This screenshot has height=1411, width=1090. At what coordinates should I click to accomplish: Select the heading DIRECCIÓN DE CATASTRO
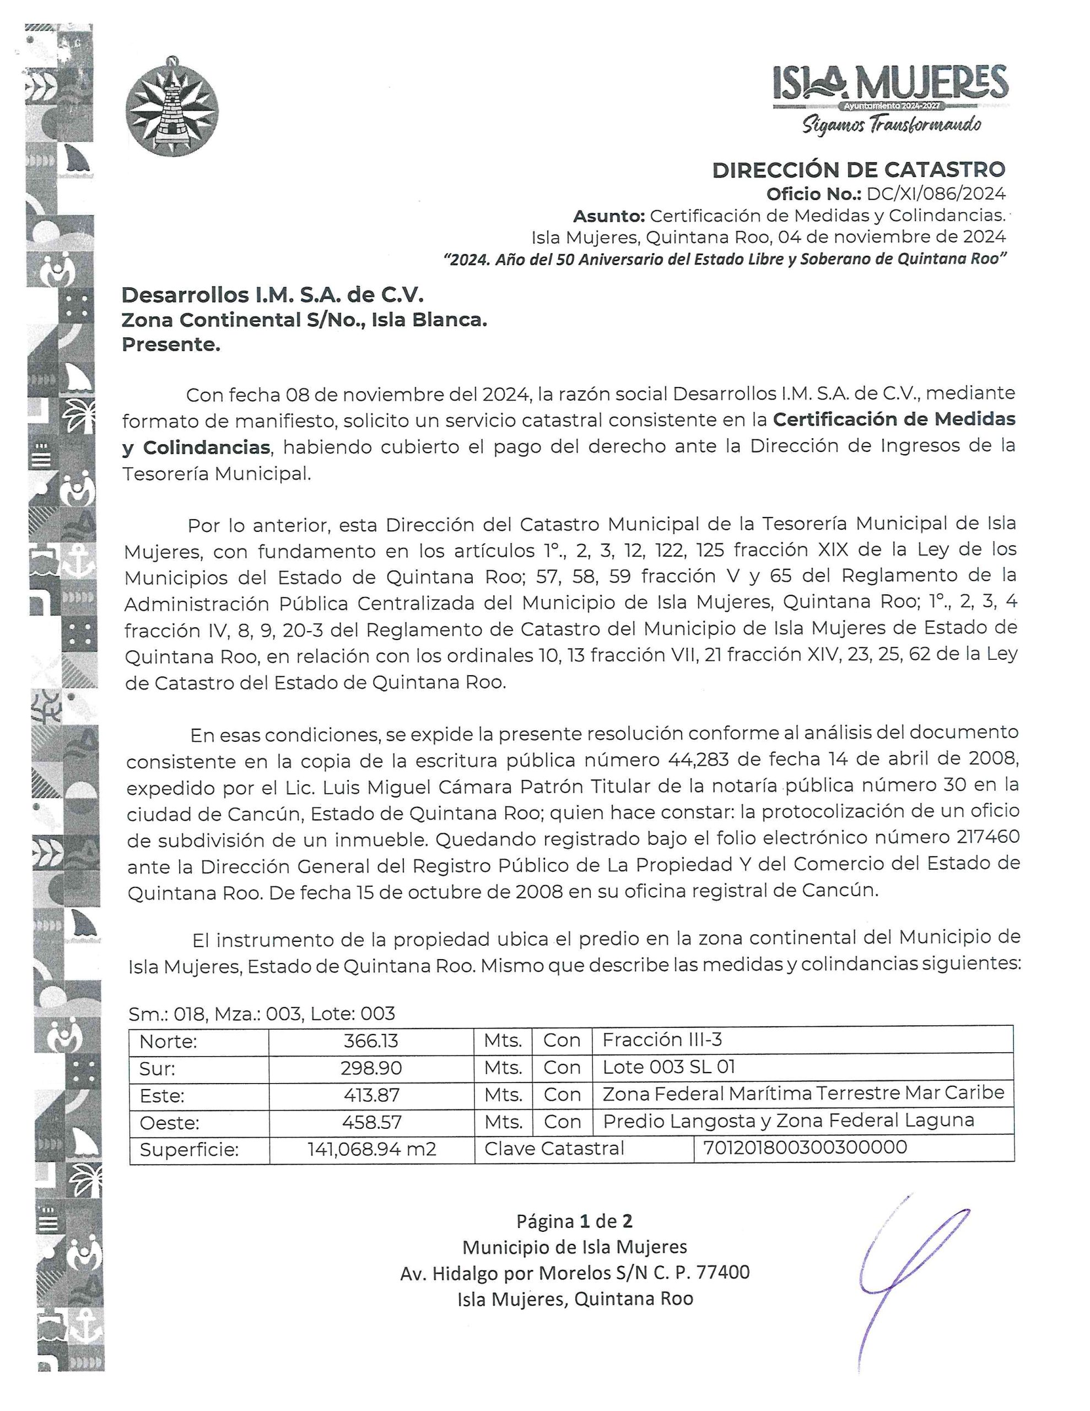858,170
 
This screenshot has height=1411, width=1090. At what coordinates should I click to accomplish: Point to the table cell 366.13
371,1041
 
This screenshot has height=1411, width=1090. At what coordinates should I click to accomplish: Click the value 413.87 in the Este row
371,1095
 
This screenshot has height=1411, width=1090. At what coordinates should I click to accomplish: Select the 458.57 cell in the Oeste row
371,1122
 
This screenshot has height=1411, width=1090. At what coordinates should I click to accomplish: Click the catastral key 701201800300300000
805,1148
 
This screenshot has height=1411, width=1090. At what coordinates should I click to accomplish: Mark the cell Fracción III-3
662,1040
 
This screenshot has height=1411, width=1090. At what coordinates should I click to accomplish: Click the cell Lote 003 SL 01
669,1067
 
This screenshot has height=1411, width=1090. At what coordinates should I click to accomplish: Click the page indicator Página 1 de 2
574,1221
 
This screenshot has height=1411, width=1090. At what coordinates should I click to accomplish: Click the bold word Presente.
171,345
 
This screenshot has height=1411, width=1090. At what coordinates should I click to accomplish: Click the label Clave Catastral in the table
554,1149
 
